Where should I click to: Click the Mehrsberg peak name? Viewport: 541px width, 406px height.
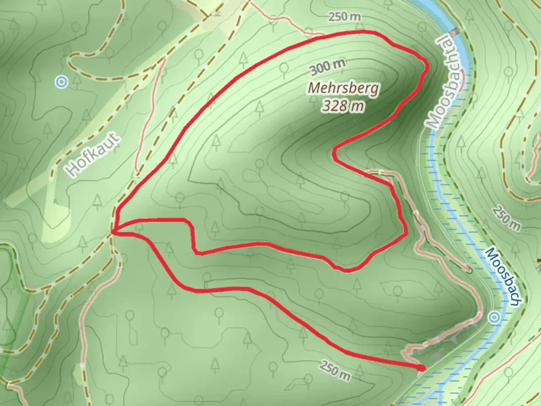coord(343,89)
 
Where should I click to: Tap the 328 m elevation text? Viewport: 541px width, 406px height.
coord(343,106)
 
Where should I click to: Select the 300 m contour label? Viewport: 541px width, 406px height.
coord(327,67)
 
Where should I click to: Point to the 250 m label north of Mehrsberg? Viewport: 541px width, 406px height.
coord(345,17)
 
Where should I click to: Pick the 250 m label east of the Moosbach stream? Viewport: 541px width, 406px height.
coord(506,218)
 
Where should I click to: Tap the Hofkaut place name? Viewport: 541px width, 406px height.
coord(93,155)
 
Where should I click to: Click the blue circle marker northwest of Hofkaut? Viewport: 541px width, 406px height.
coord(61,82)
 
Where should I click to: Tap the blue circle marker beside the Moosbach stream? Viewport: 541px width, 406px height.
coord(494,318)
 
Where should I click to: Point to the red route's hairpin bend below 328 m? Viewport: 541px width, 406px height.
coord(334,152)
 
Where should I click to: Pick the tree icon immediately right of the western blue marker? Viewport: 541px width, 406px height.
coord(77,79)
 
